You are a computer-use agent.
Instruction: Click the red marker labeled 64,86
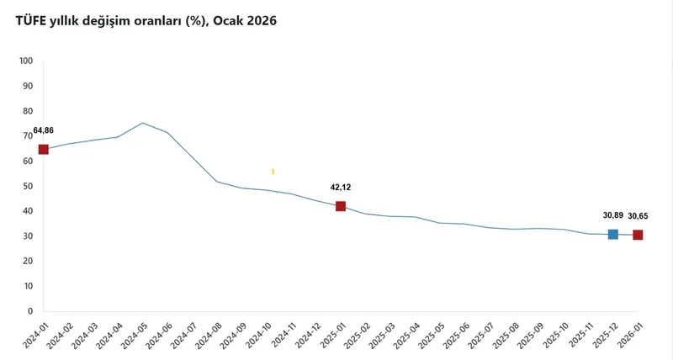(44, 150)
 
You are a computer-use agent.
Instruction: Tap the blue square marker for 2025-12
(613, 234)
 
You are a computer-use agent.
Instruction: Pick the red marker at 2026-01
(638, 235)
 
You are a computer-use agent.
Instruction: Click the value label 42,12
(341, 188)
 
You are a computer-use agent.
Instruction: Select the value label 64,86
(43, 131)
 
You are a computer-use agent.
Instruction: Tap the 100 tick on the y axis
(25, 61)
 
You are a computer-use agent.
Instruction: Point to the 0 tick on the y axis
(29, 311)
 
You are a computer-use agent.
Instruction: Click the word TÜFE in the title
(32, 20)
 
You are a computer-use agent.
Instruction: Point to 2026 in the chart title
(259, 20)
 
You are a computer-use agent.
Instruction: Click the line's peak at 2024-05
(142, 123)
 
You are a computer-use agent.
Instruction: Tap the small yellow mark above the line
(273, 172)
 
